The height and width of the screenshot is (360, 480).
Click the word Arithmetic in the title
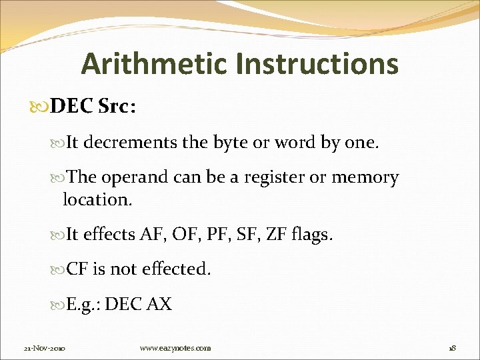click(x=155, y=64)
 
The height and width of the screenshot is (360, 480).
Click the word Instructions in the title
click(x=317, y=64)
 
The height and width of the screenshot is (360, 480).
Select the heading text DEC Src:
click(x=93, y=107)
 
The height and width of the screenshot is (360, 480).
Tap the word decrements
click(x=133, y=141)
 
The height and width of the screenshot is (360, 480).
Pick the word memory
click(x=365, y=178)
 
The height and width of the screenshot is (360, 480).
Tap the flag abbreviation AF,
click(x=155, y=234)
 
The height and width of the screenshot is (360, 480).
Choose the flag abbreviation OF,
click(x=190, y=234)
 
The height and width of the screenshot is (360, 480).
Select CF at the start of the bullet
click(x=78, y=269)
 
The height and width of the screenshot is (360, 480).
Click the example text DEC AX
click(x=138, y=305)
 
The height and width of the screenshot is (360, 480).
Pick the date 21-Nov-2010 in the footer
click(x=45, y=348)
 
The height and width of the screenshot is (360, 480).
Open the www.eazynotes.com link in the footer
click(x=175, y=348)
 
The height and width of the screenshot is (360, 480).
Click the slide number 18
click(x=453, y=348)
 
